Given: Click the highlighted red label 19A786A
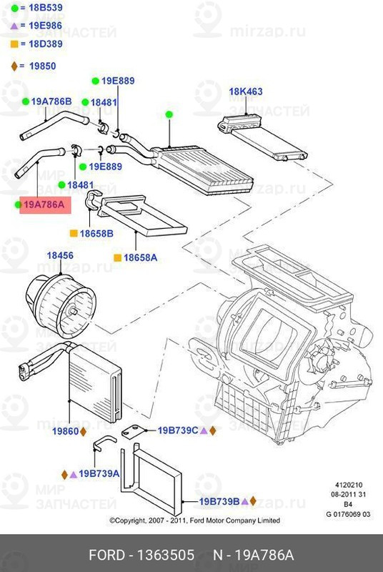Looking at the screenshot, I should (x=44, y=205).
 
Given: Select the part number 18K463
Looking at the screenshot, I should (x=246, y=92).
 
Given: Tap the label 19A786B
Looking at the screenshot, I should (x=51, y=102).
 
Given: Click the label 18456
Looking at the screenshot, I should (x=60, y=255).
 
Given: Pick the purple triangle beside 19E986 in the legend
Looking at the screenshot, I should (x=14, y=26).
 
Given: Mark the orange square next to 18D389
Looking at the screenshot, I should (x=14, y=44).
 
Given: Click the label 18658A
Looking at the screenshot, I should (x=140, y=257).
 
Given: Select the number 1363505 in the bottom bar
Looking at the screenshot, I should (x=166, y=556).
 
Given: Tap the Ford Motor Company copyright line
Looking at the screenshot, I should (x=194, y=521).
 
